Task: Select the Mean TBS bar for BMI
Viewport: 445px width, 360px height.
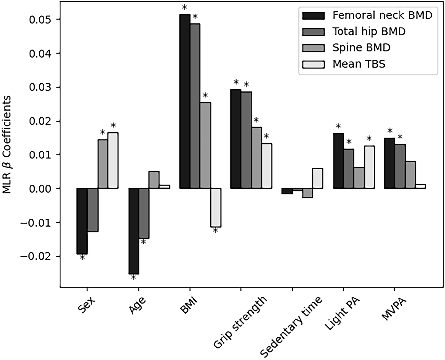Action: pyautogui.click(x=216, y=208)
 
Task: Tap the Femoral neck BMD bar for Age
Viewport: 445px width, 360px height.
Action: pyautogui.click(x=133, y=231)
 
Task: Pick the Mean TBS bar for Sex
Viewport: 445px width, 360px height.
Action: pyautogui.click(x=113, y=160)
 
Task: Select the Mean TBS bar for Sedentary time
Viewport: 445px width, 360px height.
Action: pyautogui.click(x=318, y=178)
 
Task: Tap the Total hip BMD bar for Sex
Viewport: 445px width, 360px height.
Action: pyautogui.click(x=92, y=210)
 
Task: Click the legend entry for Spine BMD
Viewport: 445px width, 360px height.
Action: pyautogui.click(x=361, y=47)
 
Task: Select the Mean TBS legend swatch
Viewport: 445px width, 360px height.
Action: pyautogui.click(x=313, y=64)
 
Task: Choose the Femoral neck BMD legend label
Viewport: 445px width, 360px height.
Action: pyautogui.click(x=382, y=15)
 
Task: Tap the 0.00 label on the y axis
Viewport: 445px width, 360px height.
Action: pyautogui.click(x=40, y=188)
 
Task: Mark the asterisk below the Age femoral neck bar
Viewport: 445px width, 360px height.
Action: pyautogui.click(x=133, y=278)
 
